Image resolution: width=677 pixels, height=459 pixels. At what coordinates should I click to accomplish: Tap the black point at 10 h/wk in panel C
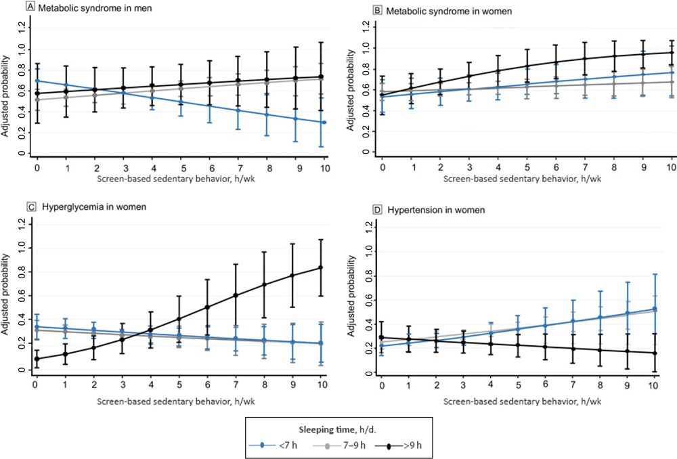320,267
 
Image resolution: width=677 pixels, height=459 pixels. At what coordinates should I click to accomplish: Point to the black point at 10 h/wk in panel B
672,53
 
